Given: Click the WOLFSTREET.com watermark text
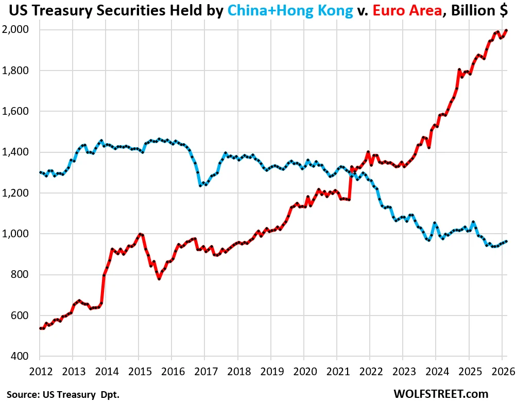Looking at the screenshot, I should point(440,394).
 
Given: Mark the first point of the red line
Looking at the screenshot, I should point(40,328).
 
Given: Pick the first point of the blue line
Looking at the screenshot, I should point(40,172).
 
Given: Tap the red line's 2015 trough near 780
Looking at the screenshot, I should point(159,279).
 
